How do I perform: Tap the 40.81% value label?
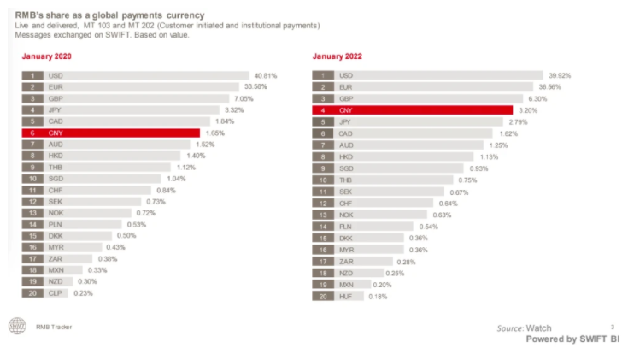tap(265, 75)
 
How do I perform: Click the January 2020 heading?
tap(46, 56)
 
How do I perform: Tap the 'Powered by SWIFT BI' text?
tap(572, 339)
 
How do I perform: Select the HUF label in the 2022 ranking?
tap(345, 296)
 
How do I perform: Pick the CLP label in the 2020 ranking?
tap(54, 292)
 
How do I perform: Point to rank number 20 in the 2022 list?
tap(323, 296)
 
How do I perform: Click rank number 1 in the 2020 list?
tap(32, 75)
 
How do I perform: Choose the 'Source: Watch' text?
tap(525, 328)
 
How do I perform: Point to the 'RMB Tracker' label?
tap(54, 327)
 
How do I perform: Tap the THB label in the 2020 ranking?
tap(54, 168)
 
